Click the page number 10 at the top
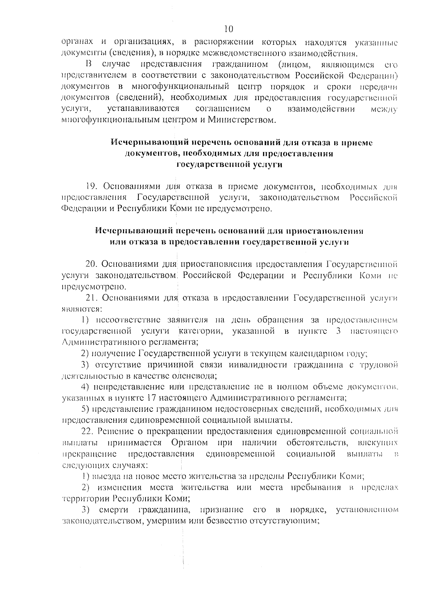(229, 29)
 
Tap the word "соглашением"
(223, 108)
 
